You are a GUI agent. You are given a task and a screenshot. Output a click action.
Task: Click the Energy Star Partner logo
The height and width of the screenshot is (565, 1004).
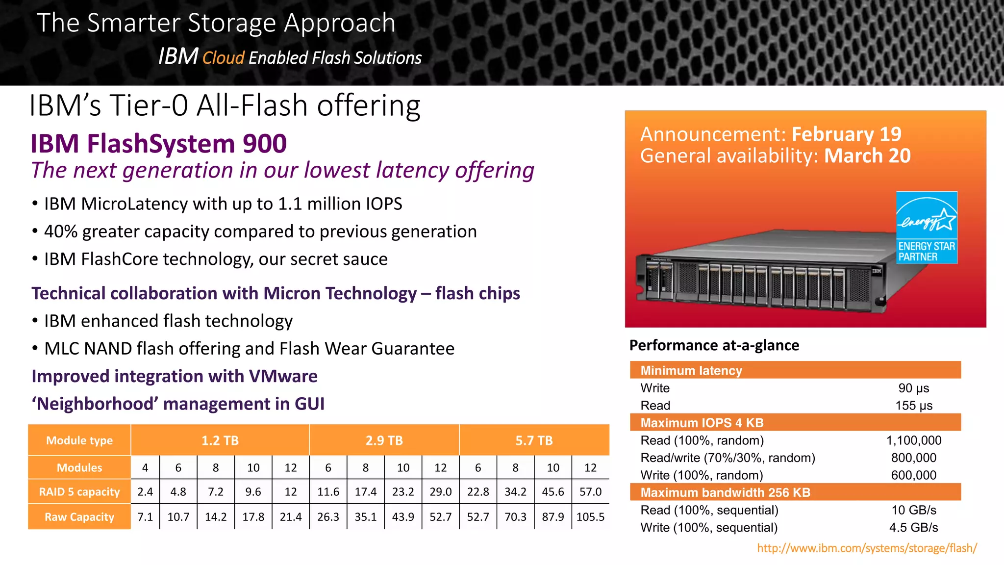[927, 228]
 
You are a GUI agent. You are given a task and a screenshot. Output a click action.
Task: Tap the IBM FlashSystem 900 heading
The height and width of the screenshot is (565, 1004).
[158, 144]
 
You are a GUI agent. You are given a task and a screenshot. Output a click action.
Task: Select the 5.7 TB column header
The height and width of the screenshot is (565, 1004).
[534, 440]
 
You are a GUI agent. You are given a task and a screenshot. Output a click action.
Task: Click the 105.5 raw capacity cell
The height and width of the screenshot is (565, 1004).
[590, 517]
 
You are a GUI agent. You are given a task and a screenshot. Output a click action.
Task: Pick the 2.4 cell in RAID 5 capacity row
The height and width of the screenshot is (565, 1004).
[145, 492]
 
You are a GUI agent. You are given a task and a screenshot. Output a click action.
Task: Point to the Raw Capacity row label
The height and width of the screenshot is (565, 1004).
[79, 517]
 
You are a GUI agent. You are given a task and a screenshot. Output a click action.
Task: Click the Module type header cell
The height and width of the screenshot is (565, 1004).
[79, 440]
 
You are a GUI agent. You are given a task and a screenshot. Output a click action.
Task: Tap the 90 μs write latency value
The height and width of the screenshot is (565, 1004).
[913, 388]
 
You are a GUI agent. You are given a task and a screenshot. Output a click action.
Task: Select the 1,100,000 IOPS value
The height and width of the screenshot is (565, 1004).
[913, 440]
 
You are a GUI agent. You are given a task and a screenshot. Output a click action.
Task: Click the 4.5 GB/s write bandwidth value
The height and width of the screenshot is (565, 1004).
[913, 528]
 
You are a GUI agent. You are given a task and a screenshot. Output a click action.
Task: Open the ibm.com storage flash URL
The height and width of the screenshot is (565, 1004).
[867, 548]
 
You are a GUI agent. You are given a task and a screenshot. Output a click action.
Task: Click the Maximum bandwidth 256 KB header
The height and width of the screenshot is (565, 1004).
[725, 492]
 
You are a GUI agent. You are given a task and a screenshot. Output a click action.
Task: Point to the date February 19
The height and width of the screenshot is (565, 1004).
[846, 134]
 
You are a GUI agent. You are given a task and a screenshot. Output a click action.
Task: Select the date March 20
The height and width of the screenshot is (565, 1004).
[867, 156]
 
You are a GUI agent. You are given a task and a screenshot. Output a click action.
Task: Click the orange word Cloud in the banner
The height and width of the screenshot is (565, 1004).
[223, 58]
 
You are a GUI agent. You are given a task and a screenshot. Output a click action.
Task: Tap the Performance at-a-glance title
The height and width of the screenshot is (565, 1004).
[714, 345]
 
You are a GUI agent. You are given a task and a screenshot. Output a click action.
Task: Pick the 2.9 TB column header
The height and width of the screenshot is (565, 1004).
[384, 440]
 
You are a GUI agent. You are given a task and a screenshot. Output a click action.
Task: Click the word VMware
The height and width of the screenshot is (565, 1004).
[283, 376]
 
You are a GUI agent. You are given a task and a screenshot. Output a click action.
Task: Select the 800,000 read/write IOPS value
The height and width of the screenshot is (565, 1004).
[913, 458]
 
